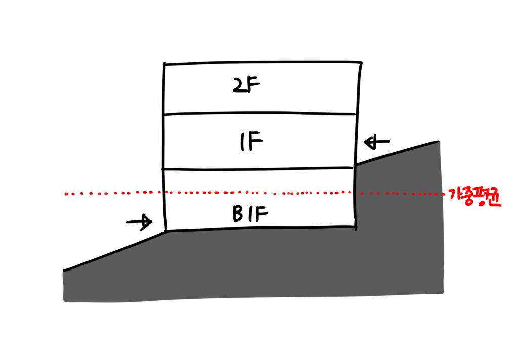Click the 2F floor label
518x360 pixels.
click(246, 85)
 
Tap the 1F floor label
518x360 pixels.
click(252, 141)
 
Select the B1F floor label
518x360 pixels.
click(250, 214)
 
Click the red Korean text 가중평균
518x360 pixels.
click(475, 197)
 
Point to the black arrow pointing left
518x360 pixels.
click(376, 142)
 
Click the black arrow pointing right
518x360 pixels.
click(139, 222)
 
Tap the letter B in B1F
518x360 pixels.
click(238, 214)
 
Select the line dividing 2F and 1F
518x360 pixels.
click(260, 114)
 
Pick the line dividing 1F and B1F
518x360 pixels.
click(257, 169)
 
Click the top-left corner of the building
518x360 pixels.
click(164, 63)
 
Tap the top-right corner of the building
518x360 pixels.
click(361, 62)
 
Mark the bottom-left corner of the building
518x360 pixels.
click(166, 229)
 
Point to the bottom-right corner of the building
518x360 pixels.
click(355, 227)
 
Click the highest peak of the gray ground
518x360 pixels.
click(439, 142)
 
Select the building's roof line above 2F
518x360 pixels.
click(263, 62)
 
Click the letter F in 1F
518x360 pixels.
click(256, 141)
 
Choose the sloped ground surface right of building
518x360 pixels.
click(397, 153)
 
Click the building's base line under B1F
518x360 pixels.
click(261, 228)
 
